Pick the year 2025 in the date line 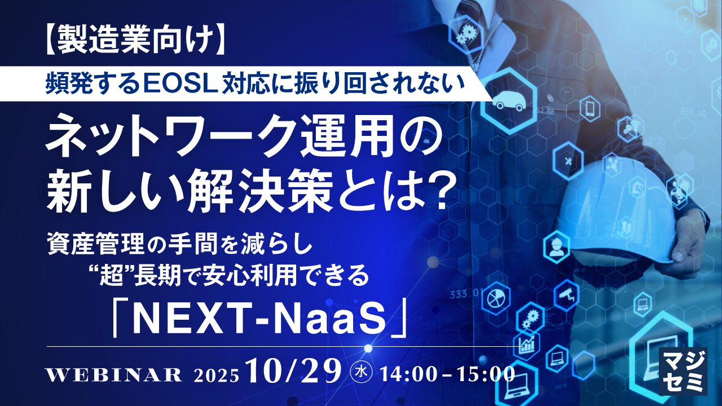click(x=216, y=375)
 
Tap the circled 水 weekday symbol click(x=360, y=373)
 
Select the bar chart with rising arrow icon click(x=526, y=345)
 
